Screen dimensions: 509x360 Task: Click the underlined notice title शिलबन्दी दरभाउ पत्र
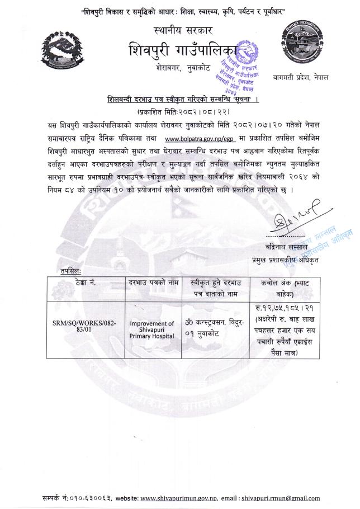click(179, 100)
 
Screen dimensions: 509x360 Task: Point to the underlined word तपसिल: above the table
click(70, 271)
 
